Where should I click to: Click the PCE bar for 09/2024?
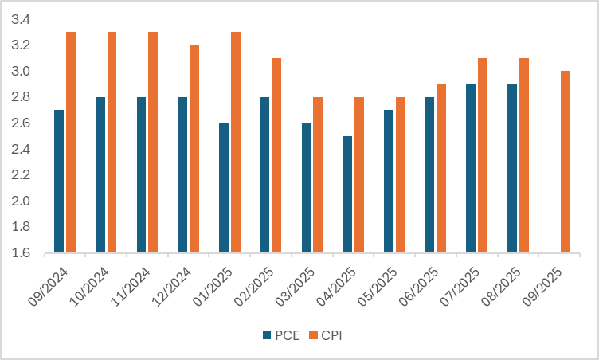pos(58,182)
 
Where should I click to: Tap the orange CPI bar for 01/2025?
pos(236,143)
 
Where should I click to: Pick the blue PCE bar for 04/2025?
pos(346,194)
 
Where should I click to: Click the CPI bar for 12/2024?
pos(194,149)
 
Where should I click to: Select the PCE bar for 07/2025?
pos(471,169)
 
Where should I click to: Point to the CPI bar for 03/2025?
pos(318,175)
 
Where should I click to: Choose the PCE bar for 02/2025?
pos(264,175)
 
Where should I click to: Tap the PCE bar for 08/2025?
pos(512,169)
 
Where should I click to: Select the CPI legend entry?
pos(327,335)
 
